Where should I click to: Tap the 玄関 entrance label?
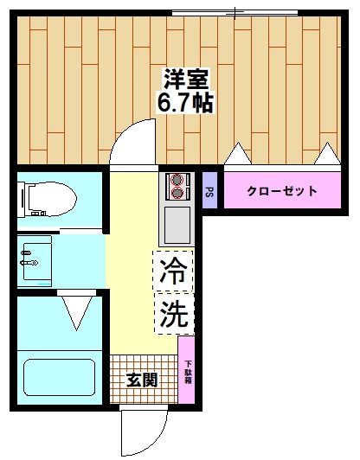click(144, 380)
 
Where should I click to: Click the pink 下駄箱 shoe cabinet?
click(187, 370)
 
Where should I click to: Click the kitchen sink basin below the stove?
click(177, 224)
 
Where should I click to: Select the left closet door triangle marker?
click(237, 155)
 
